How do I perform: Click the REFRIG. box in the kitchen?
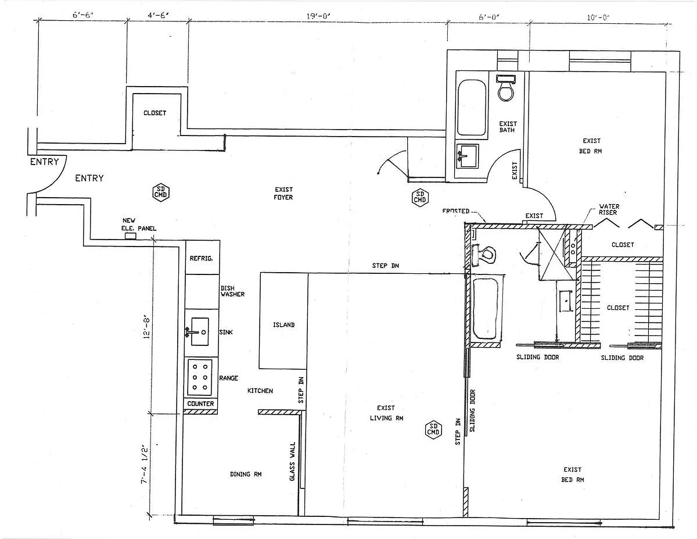pyautogui.click(x=202, y=258)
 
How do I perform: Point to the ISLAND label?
pyautogui.click(x=283, y=325)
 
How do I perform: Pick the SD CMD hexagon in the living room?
pyautogui.click(x=433, y=429)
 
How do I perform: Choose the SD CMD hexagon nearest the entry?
pyautogui.click(x=160, y=191)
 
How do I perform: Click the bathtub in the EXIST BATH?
pyautogui.click(x=471, y=108)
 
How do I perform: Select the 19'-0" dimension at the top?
pyautogui.click(x=318, y=17)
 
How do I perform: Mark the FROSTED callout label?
pyautogui.click(x=455, y=211)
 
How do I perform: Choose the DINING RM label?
pyautogui.click(x=246, y=474)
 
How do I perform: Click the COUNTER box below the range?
pyautogui.click(x=201, y=404)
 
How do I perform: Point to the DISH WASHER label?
pyautogui.click(x=232, y=291)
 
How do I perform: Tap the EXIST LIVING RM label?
pyautogui.click(x=386, y=413)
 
